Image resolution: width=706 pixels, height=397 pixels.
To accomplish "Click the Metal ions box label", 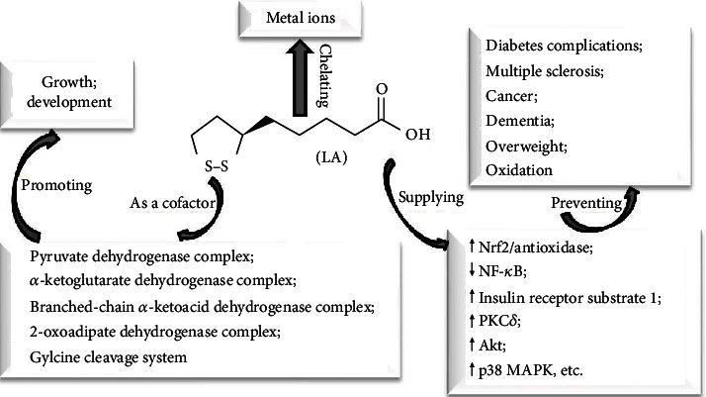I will [301, 19].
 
